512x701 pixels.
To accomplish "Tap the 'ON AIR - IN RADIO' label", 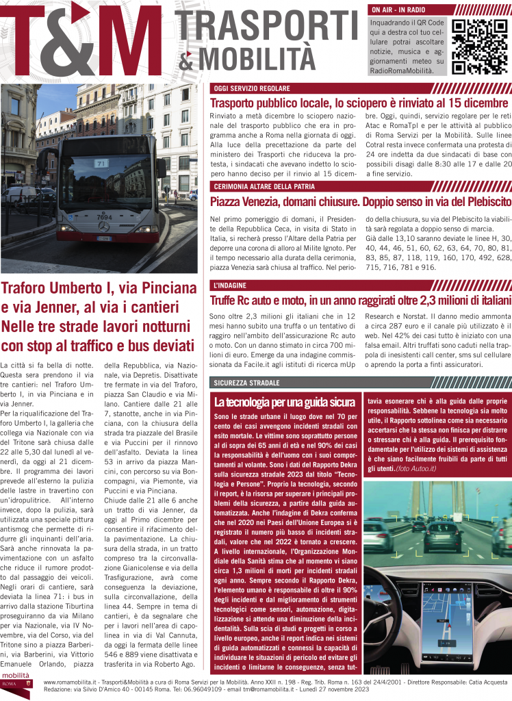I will click(x=398, y=10).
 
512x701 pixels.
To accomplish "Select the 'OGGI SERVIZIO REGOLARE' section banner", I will click(x=253, y=89).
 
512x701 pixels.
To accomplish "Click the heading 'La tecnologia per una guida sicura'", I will click(x=283, y=401).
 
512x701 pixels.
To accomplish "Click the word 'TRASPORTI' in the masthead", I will click(x=265, y=27).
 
